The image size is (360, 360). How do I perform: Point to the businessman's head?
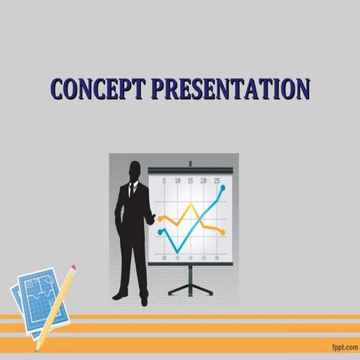coord(135,171)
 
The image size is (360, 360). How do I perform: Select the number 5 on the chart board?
coord(163,181)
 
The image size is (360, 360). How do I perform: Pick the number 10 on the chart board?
coord(177,181)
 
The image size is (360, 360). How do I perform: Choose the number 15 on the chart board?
coord(190,181)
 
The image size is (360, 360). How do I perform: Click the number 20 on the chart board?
coord(204,181)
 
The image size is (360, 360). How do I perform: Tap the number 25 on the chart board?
coord(217,181)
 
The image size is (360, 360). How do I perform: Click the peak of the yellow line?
coord(190,203)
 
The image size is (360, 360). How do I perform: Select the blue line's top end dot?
coord(223,187)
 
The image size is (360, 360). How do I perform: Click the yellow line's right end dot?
coord(222,232)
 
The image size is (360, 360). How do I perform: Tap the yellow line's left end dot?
coord(160,219)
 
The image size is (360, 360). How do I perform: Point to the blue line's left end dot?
coord(160,232)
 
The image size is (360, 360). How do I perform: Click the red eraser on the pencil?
coord(73,268)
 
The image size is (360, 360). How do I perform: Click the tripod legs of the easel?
coord(190,285)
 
